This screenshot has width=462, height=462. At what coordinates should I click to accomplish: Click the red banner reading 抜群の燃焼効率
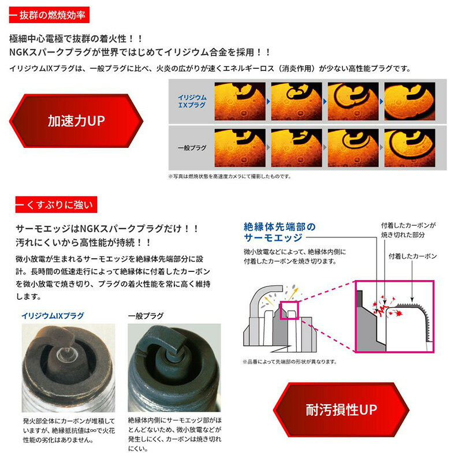pyautogui.click(x=49, y=15)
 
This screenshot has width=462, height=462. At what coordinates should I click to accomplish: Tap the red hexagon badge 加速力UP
pyautogui.click(x=76, y=121)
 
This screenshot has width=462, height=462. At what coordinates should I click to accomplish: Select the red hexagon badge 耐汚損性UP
pyautogui.click(x=341, y=409)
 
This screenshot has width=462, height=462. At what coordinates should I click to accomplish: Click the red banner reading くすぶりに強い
pyautogui.click(x=56, y=204)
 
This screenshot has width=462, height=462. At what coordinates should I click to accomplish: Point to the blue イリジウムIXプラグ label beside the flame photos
pyautogui.click(x=192, y=101)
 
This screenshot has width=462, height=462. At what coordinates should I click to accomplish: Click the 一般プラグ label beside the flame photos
pyautogui.click(x=192, y=148)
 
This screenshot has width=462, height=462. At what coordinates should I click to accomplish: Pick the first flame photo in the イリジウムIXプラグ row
pyautogui.click(x=240, y=102)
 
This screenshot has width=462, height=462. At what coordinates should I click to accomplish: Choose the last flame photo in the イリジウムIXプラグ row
pyautogui.click(x=409, y=102)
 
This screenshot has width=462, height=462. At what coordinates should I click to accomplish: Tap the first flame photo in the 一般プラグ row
pyautogui.click(x=240, y=148)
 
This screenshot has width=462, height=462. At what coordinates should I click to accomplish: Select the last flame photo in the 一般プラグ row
pyautogui.click(x=409, y=148)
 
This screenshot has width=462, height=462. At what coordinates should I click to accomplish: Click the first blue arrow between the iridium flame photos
pyautogui.click(x=268, y=102)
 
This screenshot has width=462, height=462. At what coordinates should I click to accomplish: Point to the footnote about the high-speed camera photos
pyautogui.click(x=229, y=177)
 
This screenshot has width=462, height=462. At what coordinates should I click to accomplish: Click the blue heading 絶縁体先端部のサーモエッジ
pyautogui.click(x=280, y=232)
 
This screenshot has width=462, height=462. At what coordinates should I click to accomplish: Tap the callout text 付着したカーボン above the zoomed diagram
pyautogui.click(x=412, y=256)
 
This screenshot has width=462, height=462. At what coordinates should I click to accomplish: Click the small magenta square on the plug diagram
pyautogui.click(x=289, y=310)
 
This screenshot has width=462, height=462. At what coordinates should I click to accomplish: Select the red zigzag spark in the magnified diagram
pyautogui.click(x=383, y=310)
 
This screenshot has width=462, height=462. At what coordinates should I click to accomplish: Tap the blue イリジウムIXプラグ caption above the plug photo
pyautogui.click(x=53, y=316)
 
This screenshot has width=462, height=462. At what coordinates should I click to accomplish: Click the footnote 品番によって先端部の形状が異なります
pyautogui.click(x=290, y=362)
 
